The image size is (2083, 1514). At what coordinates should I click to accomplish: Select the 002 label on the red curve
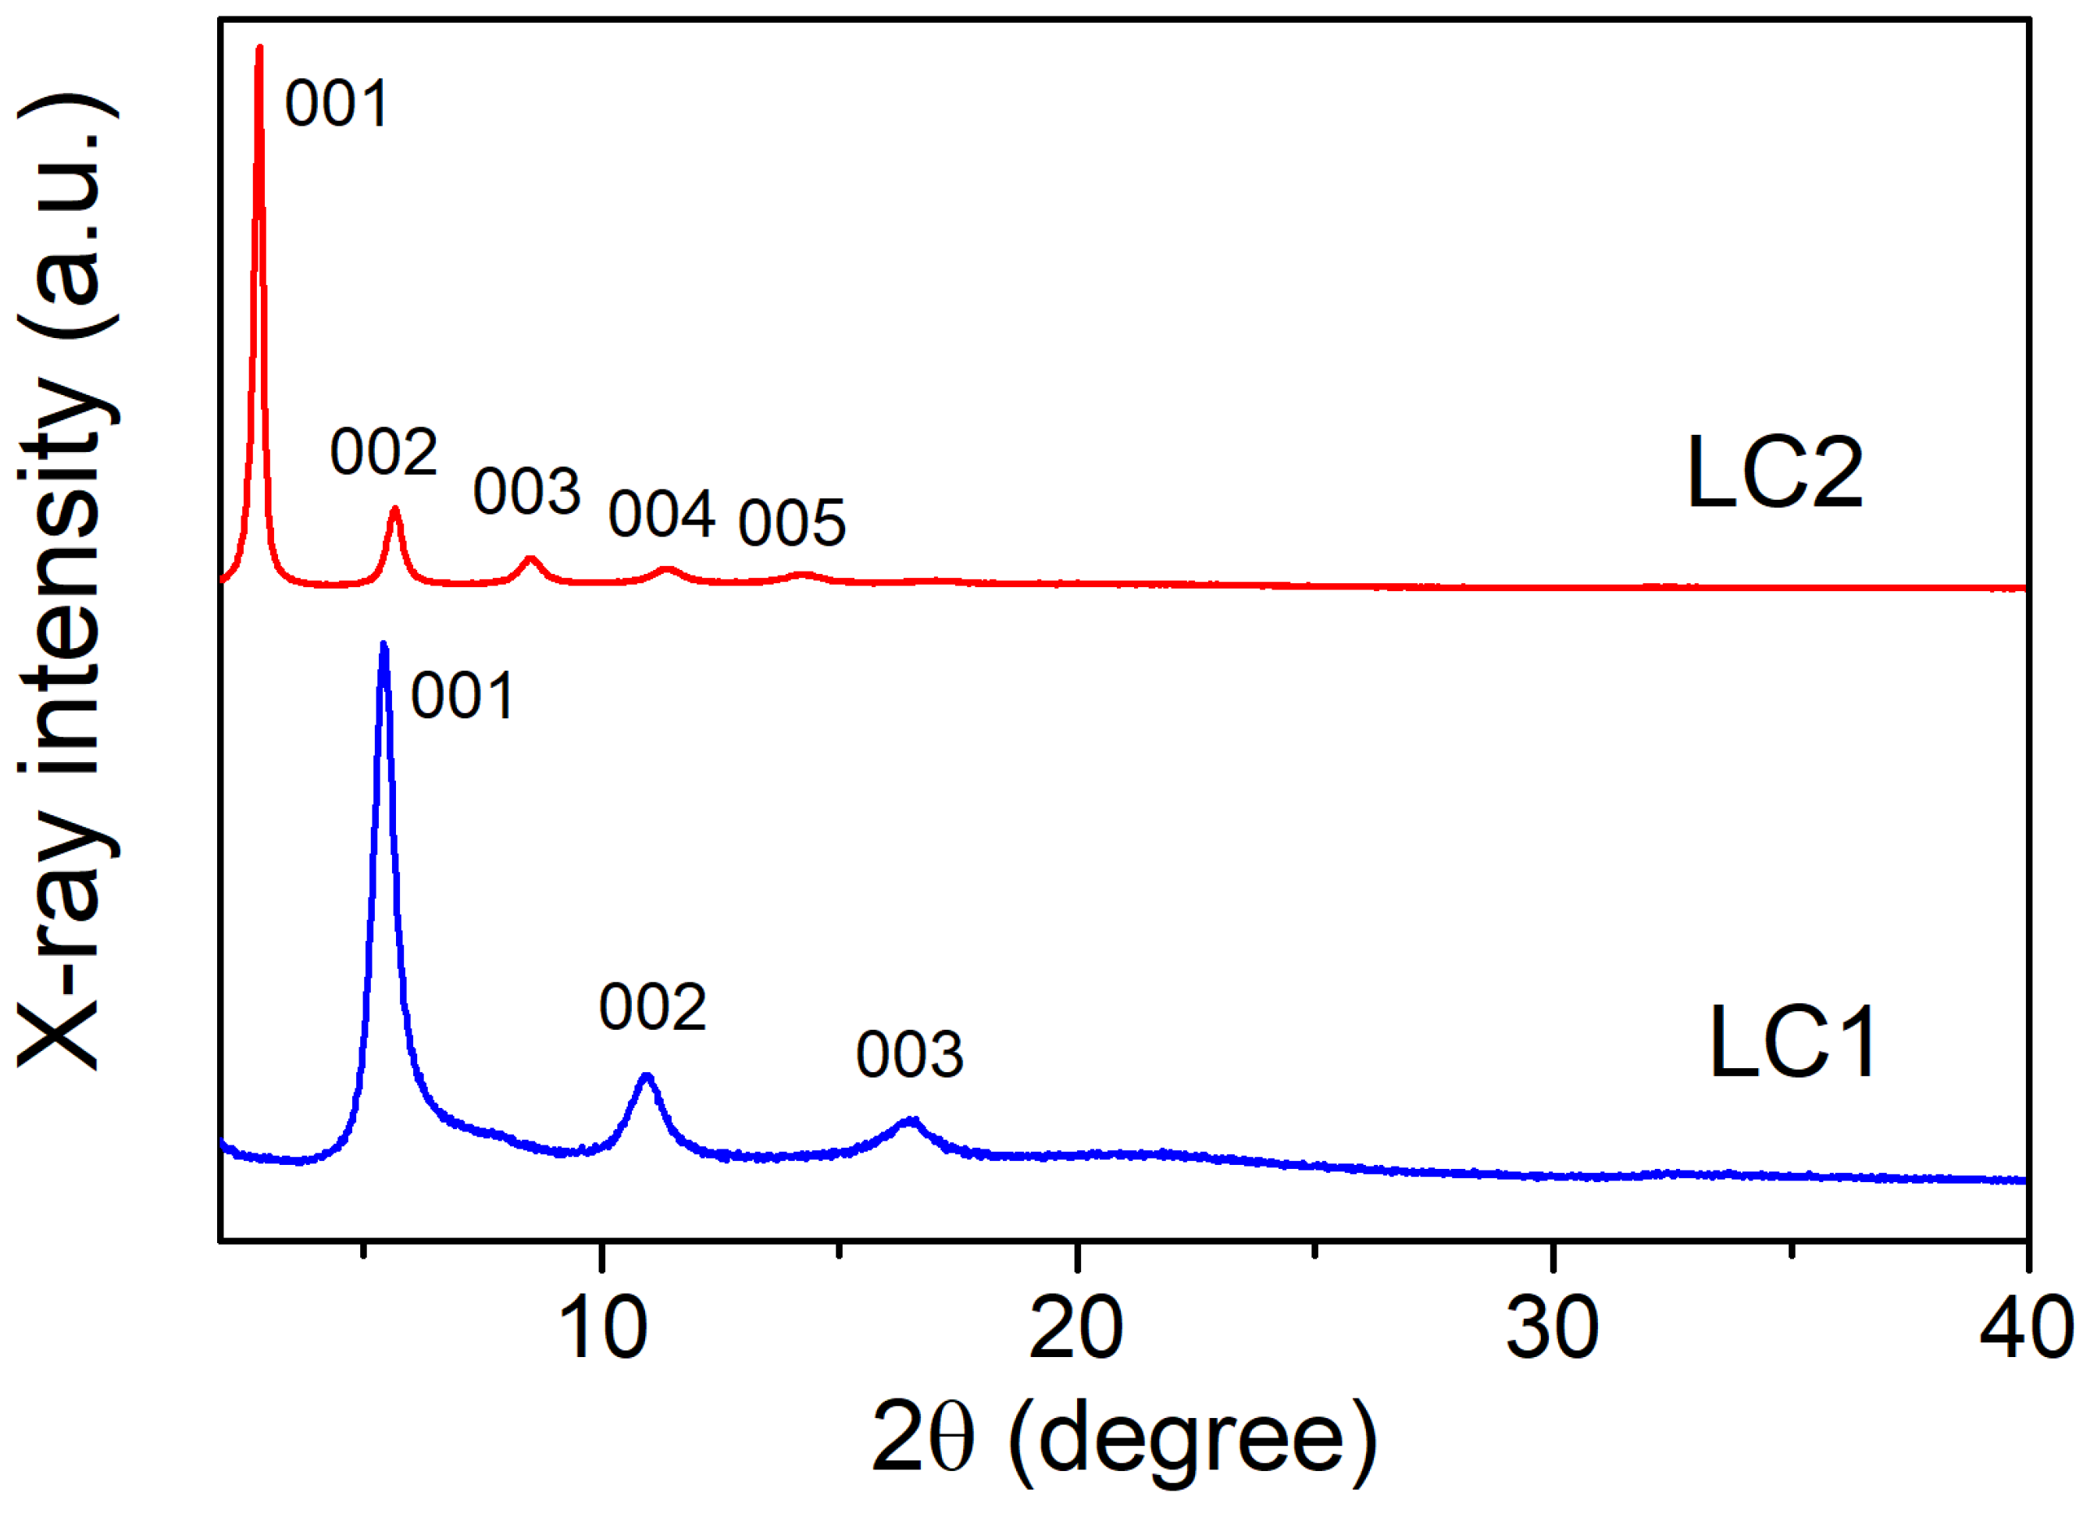pyautogui.click(x=384, y=453)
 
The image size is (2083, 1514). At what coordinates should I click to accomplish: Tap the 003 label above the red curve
pyautogui.click(x=527, y=491)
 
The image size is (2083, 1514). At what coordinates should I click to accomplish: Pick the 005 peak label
pyautogui.click(x=792, y=523)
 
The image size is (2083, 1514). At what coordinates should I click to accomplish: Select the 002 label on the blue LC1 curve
pyautogui.click(x=653, y=1007)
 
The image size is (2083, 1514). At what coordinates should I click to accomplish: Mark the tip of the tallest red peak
pyautogui.click(x=260, y=48)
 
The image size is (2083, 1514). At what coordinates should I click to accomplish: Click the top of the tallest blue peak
pyautogui.click(x=384, y=646)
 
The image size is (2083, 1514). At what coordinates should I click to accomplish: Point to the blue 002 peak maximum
pyautogui.click(x=647, y=1076)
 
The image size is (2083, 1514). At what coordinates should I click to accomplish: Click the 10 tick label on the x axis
pyautogui.click(x=602, y=1328)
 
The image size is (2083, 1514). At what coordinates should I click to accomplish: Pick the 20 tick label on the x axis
pyautogui.click(x=1076, y=1328)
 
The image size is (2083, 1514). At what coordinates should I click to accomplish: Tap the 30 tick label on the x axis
pyautogui.click(x=1553, y=1328)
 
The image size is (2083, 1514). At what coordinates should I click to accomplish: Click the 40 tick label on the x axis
pyautogui.click(x=2026, y=1328)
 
